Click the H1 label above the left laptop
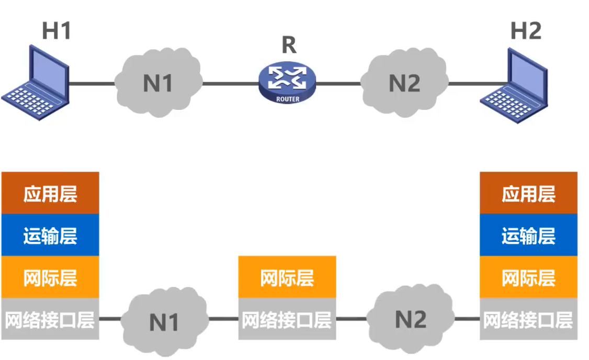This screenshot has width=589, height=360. point(56,31)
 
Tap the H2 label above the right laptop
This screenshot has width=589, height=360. point(526,31)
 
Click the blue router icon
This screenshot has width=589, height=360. point(287,83)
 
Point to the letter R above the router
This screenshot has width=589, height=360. point(289,46)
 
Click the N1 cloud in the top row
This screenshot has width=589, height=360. point(158,83)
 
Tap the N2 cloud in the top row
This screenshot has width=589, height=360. point(404,83)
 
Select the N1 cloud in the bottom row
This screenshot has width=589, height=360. point(164,321)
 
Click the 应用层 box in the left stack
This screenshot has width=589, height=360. point(50,193)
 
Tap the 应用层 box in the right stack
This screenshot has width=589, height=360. point(528,193)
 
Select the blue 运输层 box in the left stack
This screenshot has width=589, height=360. point(50,235)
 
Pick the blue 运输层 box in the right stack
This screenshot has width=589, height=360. point(528,235)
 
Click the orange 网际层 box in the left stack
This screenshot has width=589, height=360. point(50,277)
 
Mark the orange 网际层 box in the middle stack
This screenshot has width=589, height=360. point(287,277)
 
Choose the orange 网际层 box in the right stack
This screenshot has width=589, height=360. point(528,277)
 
